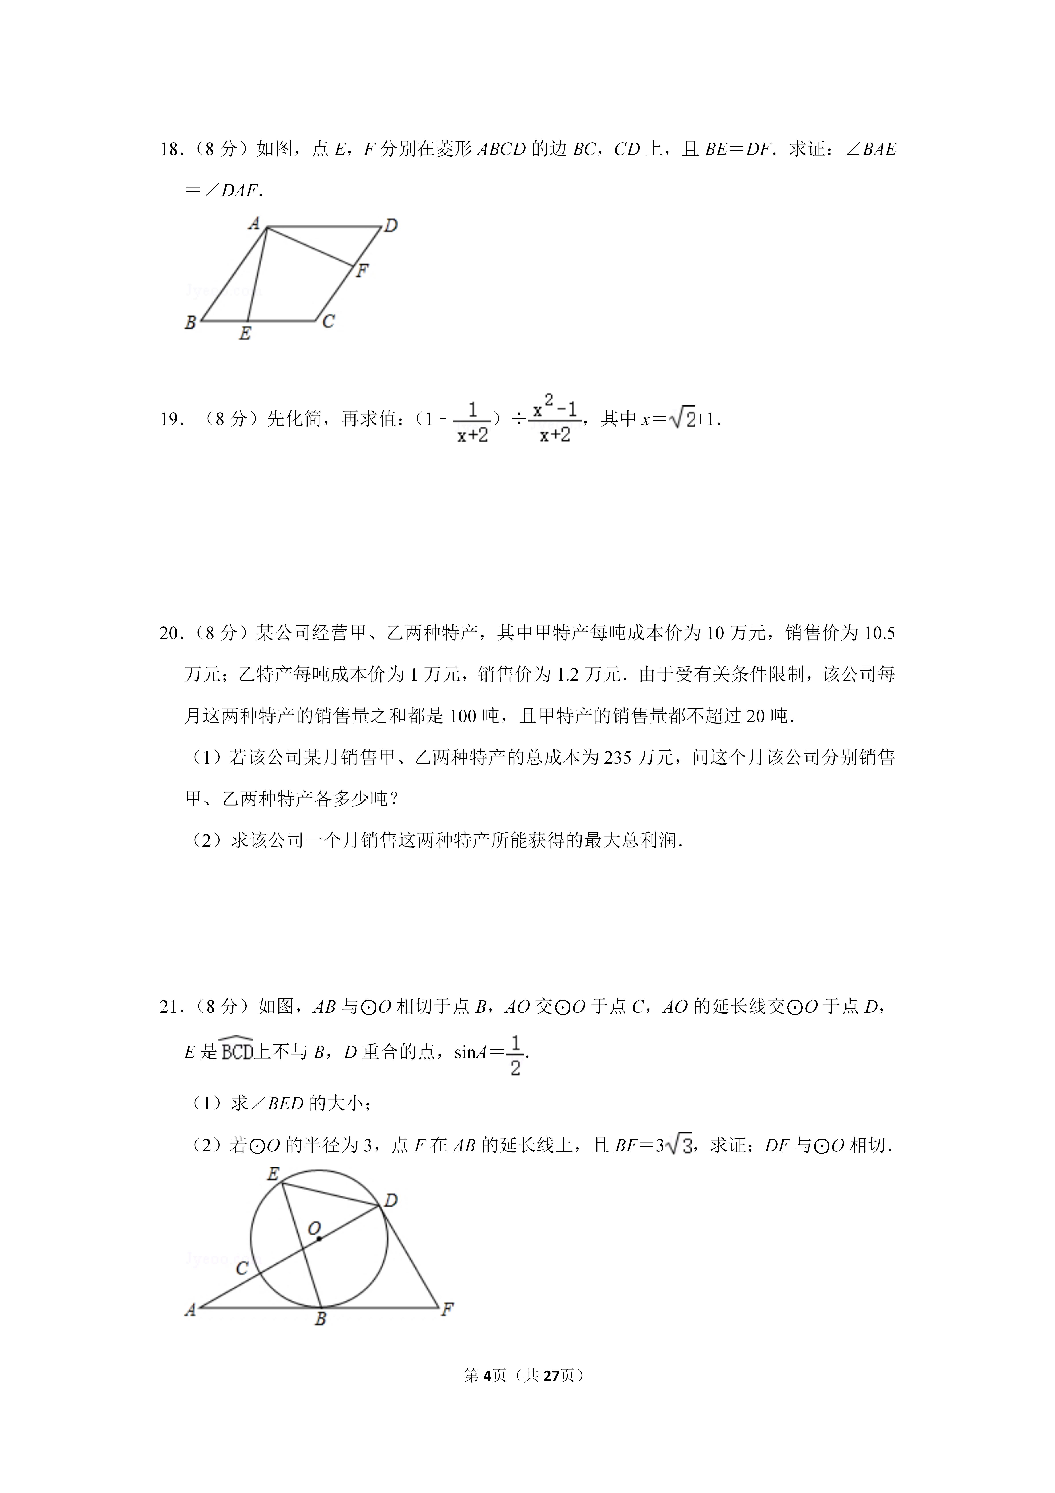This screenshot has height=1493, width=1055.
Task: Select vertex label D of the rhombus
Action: (x=391, y=226)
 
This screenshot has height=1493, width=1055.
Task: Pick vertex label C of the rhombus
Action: (x=328, y=321)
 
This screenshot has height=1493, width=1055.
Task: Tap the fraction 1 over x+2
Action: (x=473, y=421)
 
